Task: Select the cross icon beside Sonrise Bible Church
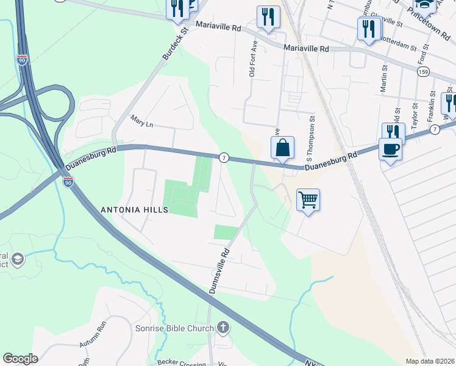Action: click(223, 328)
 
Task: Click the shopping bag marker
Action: click(282, 148)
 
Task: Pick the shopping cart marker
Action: click(308, 199)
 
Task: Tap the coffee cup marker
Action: click(390, 149)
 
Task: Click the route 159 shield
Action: click(423, 72)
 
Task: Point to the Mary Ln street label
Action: click(141, 124)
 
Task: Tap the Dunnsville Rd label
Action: click(219, 270)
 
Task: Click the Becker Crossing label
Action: click(180, 362)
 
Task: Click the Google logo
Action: click(20, 359)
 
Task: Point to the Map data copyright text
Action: click(430, 361)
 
